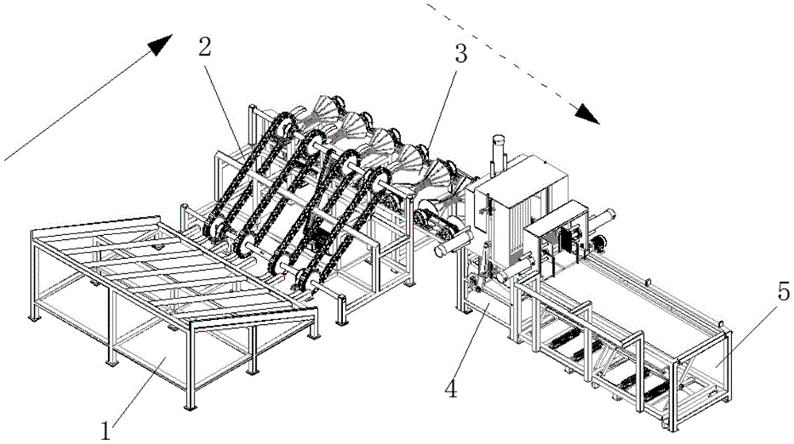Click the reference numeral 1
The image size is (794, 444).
(x=106, y=431)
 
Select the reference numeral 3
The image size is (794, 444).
(x=461, y=53)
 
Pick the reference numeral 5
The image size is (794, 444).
(x=783, y=292)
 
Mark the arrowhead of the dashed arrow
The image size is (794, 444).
(x=588, y=114)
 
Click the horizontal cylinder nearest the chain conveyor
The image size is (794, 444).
(x=453, y=243)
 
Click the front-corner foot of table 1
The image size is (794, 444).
(x=190, y=407)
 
